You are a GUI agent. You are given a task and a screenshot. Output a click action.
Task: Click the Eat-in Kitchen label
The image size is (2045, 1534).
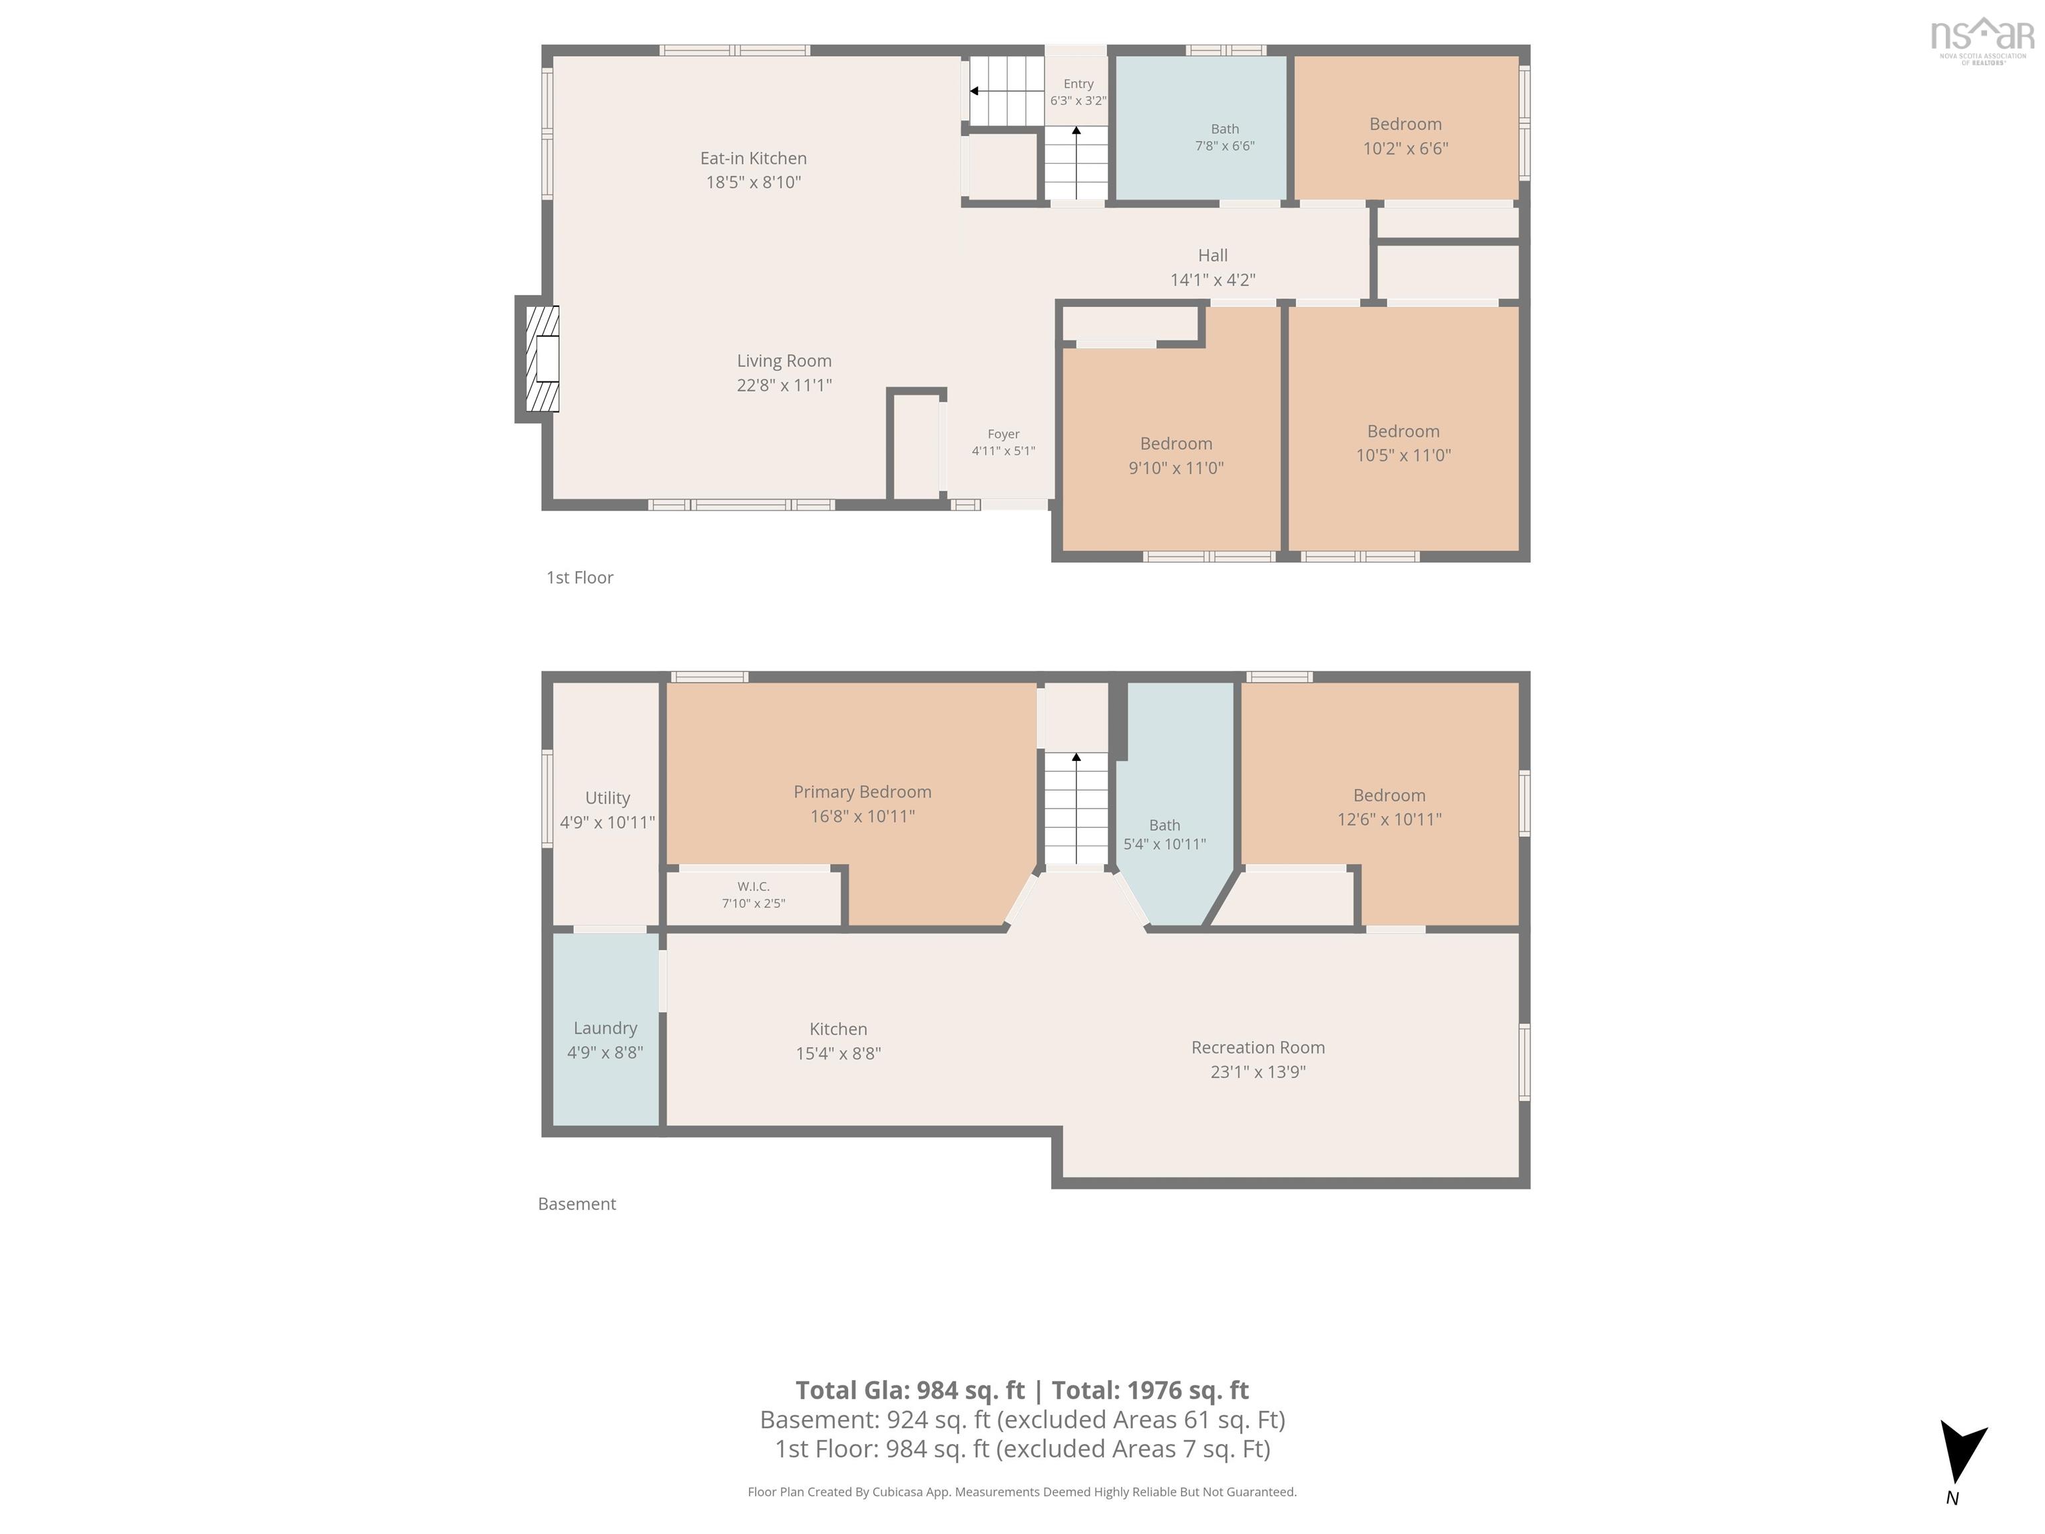click(x=754, y=158)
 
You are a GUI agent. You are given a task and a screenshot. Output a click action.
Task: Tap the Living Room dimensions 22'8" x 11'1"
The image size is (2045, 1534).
click(x=784, y=385)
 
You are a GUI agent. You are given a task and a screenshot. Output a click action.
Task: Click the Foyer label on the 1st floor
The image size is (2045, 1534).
click(x=1003, y=433)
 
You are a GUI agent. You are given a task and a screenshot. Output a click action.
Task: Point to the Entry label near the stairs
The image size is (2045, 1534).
click(x=1078, y=83)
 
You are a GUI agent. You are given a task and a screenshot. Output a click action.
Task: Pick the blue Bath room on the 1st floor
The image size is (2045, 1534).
click(x=1201, y=128)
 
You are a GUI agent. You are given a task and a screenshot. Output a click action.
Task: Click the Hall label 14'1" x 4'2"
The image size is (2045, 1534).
click(x=1213, y=267)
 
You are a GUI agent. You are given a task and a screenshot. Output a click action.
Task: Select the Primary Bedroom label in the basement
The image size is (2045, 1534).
click(x=863, y=792)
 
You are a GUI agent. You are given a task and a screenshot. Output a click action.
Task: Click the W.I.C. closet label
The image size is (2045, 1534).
click(x=754, y=886)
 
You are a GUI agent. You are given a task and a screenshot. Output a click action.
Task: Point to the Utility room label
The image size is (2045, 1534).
click(x=607, y=798)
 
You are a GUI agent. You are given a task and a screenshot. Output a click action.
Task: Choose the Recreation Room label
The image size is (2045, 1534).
click(x=1257, y=1047)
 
